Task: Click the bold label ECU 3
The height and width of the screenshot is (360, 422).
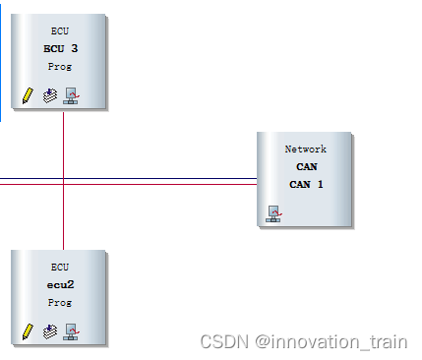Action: (60, 48)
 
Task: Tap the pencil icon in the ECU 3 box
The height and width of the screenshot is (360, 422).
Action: (28, 95)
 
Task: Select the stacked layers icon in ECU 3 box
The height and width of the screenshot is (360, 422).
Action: (50, 95)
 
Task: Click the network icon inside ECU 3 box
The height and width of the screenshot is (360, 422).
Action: (71, 95)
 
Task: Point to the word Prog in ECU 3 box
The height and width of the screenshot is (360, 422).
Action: (60, 66)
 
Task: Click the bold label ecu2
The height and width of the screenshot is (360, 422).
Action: (60, 284)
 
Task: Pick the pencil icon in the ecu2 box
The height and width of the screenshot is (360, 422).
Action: (28, 331)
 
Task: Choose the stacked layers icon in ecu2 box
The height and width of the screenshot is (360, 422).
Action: (50, 331)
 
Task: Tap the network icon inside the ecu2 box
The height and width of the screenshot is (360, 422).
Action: (71, 331)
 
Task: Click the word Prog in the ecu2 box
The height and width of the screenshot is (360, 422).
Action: (60, 302)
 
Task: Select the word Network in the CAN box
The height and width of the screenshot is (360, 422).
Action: (305, 149)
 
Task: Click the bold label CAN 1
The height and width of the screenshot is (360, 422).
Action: (306, 183)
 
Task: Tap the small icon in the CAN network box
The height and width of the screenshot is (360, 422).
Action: (273, 212)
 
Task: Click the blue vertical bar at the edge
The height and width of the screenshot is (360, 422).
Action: (1, 59)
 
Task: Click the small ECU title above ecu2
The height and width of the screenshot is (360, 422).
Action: (60, 267)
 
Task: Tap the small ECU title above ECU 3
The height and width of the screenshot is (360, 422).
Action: (60, 30)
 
